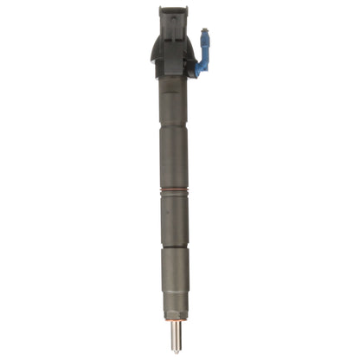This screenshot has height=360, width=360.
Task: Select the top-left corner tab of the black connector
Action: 161,10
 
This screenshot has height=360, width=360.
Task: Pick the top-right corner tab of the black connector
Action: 182,10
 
